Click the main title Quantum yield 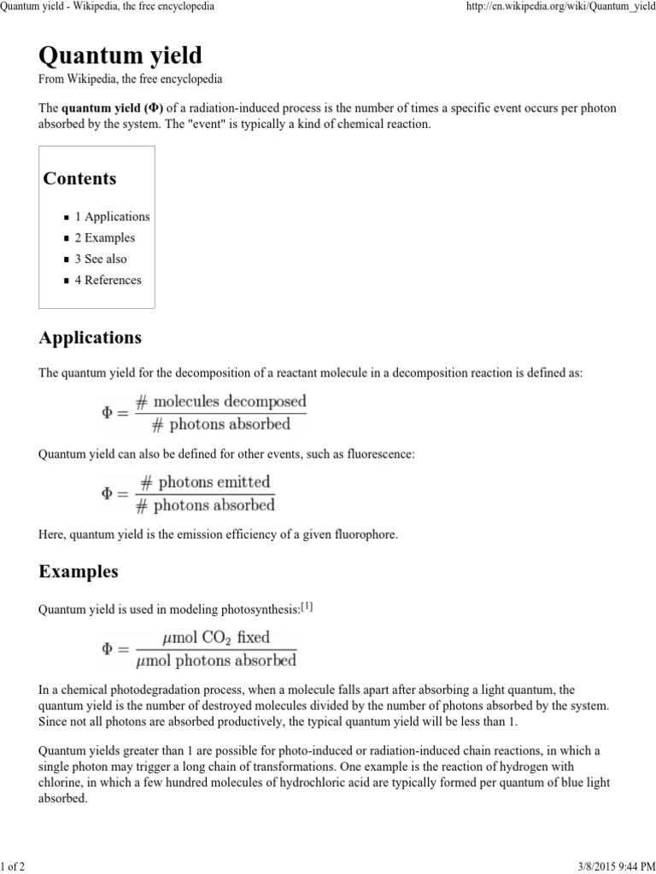point(120,56)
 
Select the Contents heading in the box point(79,178)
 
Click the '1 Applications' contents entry point(112,217)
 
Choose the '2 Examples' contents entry point(104,238)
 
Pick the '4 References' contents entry point(108,280)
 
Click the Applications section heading point(91,338)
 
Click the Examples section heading point(79,571)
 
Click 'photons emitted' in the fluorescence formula point(214,482)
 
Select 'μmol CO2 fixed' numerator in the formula point(215,637)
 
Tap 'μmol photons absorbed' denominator point(216,660)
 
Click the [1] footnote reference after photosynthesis point(307,608)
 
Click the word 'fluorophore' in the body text point(365,534)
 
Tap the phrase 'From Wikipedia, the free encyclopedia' point(131,79)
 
